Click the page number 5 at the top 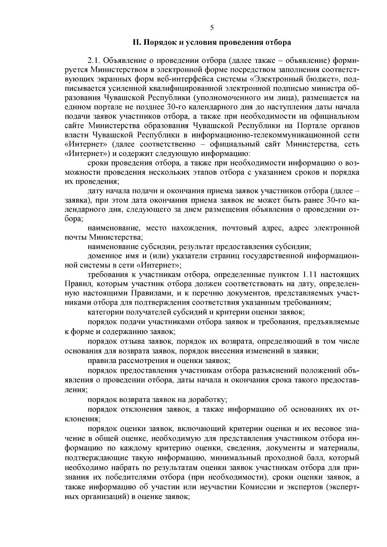click(x=212, y=28)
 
